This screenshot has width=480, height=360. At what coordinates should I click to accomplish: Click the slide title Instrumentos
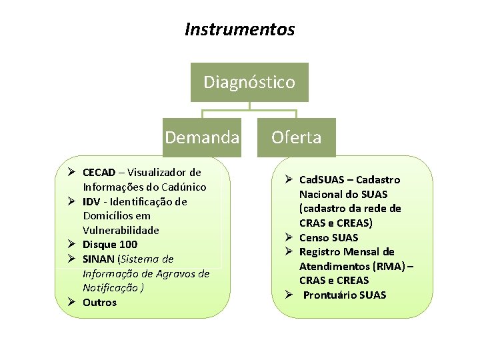point(239,30)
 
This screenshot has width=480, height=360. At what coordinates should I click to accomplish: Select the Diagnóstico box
point(249,83)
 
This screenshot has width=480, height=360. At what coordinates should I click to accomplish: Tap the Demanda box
point(202,137)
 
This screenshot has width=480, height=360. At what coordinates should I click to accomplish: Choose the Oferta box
point(296,137)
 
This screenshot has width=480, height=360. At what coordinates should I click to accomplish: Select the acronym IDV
point(92,201)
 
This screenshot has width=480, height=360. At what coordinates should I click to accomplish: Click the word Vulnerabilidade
point(121,230)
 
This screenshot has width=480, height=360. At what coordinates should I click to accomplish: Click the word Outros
point(99,303)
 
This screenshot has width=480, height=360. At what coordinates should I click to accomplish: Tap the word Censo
point(314,237)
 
